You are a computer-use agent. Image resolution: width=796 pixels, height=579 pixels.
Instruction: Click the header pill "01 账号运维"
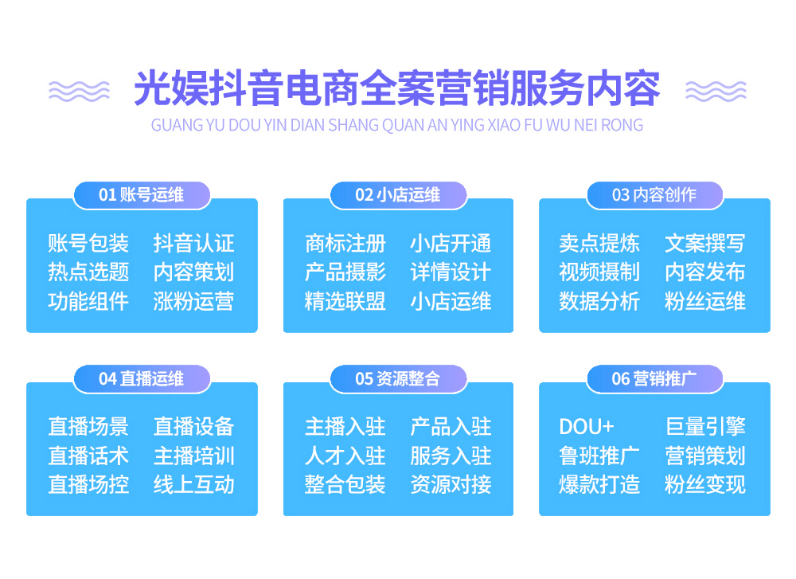(142, 195)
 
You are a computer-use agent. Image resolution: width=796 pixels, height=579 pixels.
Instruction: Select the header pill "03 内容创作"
(655, 195)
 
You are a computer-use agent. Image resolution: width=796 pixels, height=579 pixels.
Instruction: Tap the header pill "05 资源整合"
(398, 379)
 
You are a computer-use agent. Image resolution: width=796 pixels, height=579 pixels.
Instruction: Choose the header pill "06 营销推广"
(655, 379)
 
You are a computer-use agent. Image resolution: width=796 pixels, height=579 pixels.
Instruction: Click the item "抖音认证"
(194, 243)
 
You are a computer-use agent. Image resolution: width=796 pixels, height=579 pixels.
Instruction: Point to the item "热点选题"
(88, 272)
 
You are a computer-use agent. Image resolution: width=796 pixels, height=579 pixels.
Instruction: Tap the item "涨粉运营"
(194, 301)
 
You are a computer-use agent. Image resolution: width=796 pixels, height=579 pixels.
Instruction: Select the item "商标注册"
(345, 243)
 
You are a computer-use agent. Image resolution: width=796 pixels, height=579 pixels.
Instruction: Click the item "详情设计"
(451, 272)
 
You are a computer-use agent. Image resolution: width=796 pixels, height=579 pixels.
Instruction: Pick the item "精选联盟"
(345, 301)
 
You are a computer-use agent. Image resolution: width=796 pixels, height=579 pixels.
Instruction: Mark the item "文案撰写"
(705, 243)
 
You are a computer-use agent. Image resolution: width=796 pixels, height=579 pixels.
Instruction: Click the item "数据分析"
(599, 301)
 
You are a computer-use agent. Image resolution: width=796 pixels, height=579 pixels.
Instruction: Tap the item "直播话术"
(88, 456)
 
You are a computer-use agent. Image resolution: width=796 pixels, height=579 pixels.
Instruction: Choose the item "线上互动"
(194, 484)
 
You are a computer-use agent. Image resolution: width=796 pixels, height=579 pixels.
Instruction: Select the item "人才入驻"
(345, 456)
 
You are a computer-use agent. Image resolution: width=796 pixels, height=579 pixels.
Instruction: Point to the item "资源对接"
(451, 484)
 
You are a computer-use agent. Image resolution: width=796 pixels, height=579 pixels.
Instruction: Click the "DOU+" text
(587, 427)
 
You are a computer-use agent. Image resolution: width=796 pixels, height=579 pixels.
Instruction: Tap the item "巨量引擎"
(705, 427)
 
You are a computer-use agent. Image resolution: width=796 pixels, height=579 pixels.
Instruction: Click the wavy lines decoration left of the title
(79, 92)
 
